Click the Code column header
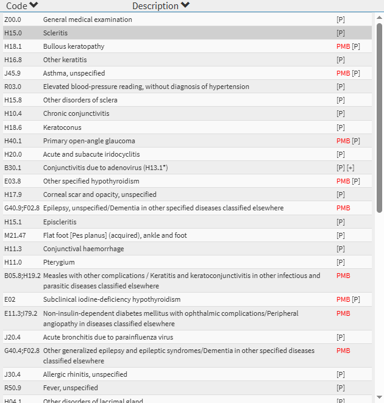pyautogui.click(x=17, y=5)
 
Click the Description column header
pyautogui.click(x=155, y=5)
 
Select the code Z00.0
pyautogui.click(x=13, y=20)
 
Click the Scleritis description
pyautogui.click(x=55, y=33)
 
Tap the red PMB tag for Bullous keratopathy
pyautogui.click(x=343, y=46)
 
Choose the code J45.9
pyautogui.click(x=12, y=73)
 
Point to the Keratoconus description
pyautogui.click(x=62, y=127)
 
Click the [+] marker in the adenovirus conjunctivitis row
pyautogui.click(x=350, y=168)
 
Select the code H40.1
pyautogui.click(x=13, y=141)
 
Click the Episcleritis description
pyautogui.click(x=60, y=222)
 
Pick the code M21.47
pyautogui.click(x=15, y=235)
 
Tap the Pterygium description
pyautogui.click(x=58, y=262)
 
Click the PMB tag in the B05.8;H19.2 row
pyautogui.click(x=343, y=276)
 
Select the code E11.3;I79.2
pyautogui.click(x=21, y=313)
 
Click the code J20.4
pyautogui.click(x=12, y=337)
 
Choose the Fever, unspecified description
pyautogui.click(x=70, y=388)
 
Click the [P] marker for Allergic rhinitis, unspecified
pyautogui.click(x=341, y=374)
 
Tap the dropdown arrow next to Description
pyautogui.click(x=185, y=5)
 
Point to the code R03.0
pyautogui.click(x=13, y=87)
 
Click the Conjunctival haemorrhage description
pyautogui.click(x=84, y=249)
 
